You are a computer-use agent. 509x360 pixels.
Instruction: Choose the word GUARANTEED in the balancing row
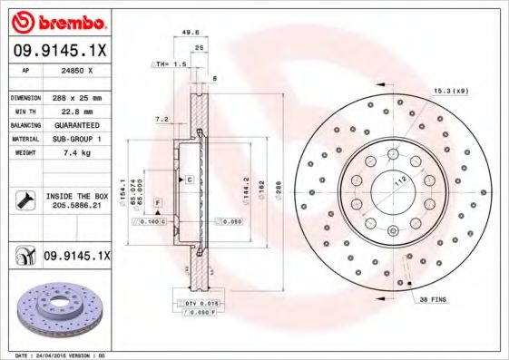pos(75,125)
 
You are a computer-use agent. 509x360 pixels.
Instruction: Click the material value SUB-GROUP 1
pos(75,139)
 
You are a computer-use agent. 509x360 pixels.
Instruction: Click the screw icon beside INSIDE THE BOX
pos(26,199)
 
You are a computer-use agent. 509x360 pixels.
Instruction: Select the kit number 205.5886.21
pos(76,207)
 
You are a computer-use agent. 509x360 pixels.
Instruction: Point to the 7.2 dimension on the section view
pos(162,119)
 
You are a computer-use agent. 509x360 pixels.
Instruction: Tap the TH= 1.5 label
pos(171,64)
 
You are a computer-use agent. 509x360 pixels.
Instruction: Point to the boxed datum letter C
pos(189,180)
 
